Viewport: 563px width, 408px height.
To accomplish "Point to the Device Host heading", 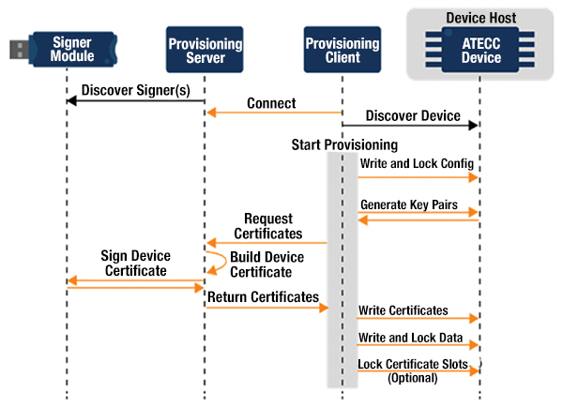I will click(480, 16).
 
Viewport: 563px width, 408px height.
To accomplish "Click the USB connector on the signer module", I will click(17, 48).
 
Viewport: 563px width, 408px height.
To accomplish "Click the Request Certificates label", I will click(267, 226).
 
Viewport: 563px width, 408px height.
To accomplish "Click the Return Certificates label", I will click(263, 296).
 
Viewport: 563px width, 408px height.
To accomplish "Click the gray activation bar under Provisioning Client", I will click(334, 272).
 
